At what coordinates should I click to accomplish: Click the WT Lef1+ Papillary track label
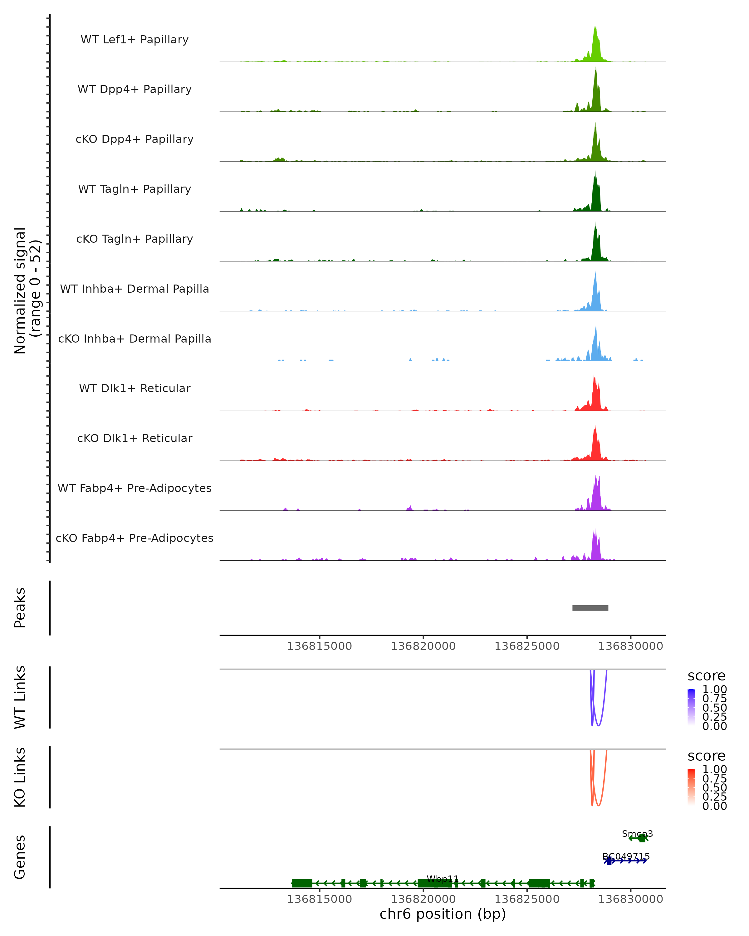[135, 40]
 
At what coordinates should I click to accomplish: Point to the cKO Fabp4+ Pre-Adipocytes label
[135, 538]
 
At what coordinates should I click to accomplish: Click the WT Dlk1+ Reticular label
[135, 388]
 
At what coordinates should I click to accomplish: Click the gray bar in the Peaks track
[590, 608]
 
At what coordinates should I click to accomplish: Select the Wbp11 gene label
[443, 879]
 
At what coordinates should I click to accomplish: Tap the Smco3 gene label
[637, 834]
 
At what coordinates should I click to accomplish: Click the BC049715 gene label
[626, 856]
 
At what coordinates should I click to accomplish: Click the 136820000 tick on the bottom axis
[423, 899]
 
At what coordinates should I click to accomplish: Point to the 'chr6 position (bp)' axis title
[443, 914]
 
